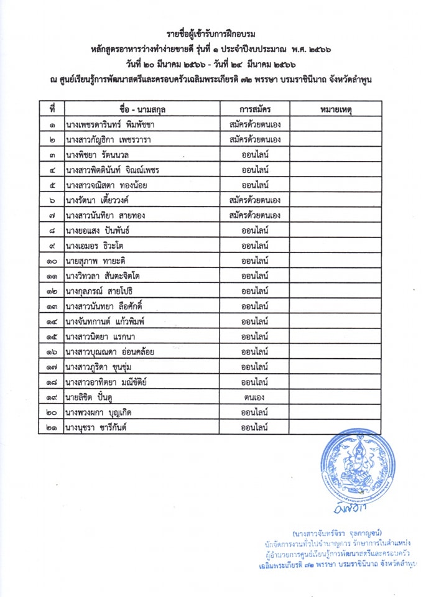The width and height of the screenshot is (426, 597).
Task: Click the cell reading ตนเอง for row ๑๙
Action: coord(254,396)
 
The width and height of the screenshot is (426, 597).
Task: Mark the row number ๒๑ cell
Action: coord(52,427)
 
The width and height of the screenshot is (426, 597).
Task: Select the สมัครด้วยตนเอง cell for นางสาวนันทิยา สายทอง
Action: coord(254,216)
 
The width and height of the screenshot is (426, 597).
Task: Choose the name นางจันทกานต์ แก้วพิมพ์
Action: coord(109,321)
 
